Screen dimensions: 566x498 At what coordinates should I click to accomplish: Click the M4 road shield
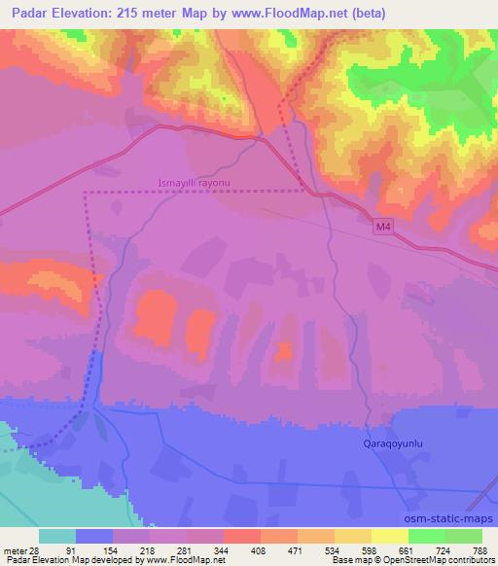coord(385,227)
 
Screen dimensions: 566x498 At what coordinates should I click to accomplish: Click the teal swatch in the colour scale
coord(57,536)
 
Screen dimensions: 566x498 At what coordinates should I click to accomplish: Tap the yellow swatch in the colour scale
coord(390,536)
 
